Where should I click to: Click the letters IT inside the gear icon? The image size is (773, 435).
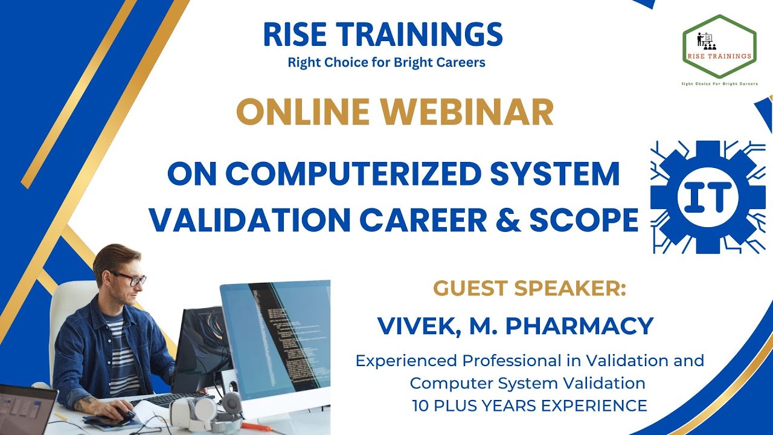(708, 196)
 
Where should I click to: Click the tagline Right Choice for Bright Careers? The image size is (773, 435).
(386, 62)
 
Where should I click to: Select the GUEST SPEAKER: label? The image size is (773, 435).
(530, 289)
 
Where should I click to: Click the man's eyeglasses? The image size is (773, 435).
(130, 279)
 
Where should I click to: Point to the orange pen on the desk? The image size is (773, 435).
(257, 427)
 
